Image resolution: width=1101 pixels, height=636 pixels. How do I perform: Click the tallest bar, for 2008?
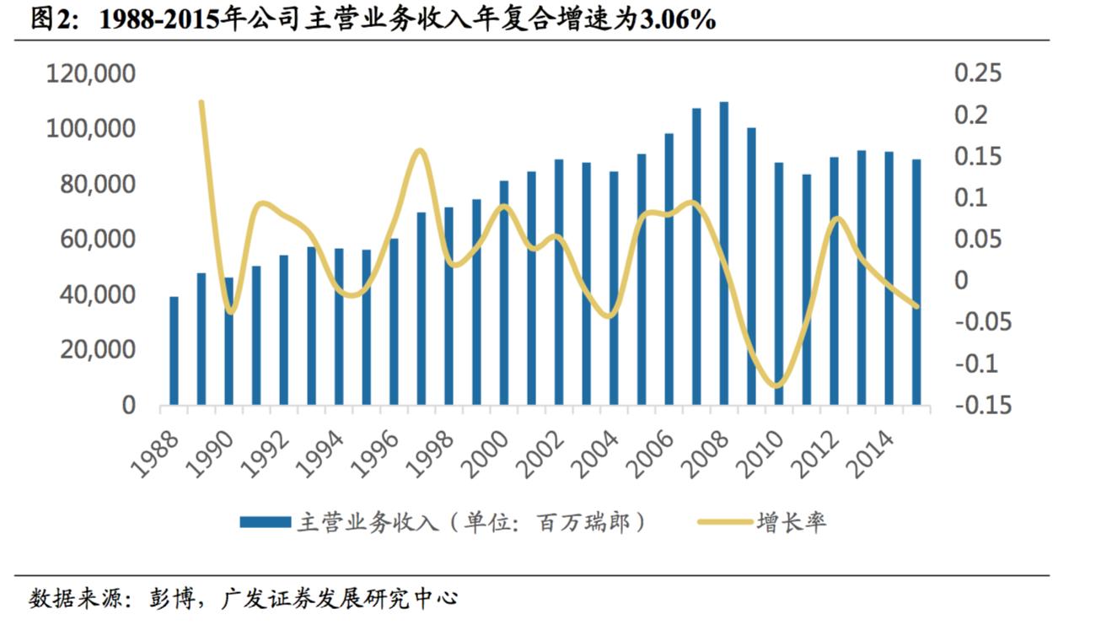723,253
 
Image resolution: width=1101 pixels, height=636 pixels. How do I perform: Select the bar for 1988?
175,351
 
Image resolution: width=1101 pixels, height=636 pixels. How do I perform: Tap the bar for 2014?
889,278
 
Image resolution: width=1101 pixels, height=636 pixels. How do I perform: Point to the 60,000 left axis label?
97,240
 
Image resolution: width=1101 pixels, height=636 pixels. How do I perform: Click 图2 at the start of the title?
54,20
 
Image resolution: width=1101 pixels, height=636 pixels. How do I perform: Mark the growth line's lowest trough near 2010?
776,386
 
